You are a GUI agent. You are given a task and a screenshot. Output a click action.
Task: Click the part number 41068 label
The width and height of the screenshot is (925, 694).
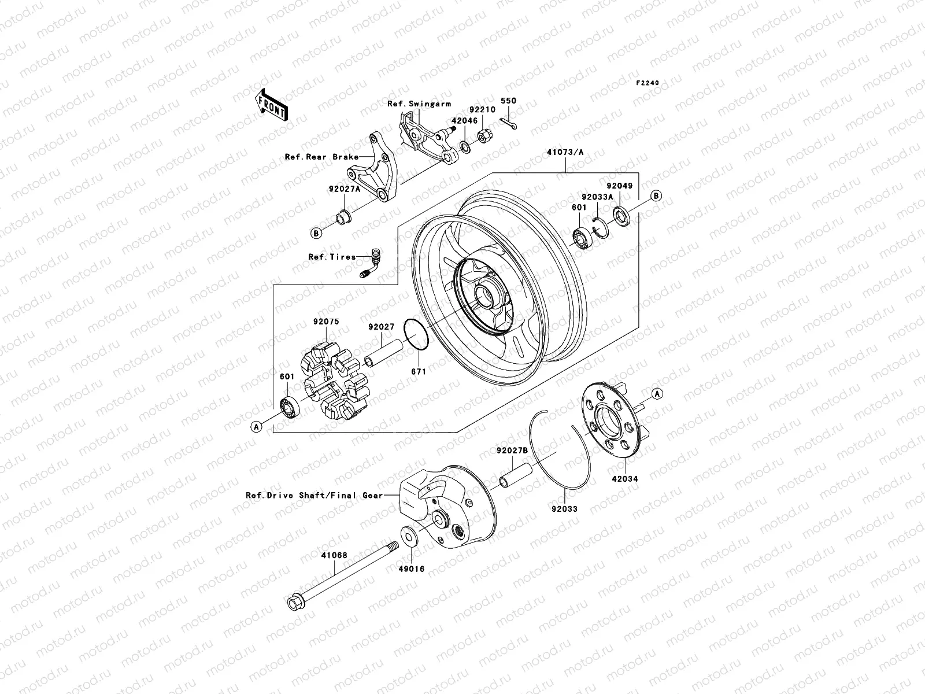click(334, 555)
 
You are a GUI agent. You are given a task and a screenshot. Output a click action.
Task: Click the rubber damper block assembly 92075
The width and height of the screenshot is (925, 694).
click(333, 382)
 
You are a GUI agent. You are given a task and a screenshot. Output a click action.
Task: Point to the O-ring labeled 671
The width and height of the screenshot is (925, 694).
click(416, 334)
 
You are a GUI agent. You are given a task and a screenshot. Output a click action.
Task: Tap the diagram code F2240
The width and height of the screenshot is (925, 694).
click(647, 83)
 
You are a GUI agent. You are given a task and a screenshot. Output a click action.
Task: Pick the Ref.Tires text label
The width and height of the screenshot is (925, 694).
click(332, 257)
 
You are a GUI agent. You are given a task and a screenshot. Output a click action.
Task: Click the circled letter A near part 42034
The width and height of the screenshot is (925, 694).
click(657, 393)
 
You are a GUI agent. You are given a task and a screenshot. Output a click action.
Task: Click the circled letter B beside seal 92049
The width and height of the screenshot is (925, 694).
click(656, 196)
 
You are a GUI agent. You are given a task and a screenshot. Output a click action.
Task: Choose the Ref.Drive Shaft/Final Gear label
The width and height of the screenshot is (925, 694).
click(314, 496)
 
